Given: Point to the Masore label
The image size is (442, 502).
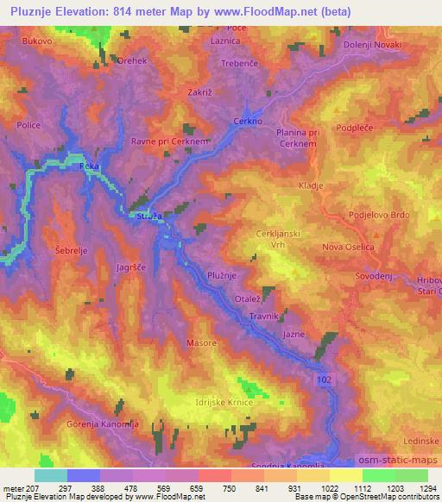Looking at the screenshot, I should [x=200, y=342].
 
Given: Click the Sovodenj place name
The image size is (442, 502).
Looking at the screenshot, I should [x=374, y=277].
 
